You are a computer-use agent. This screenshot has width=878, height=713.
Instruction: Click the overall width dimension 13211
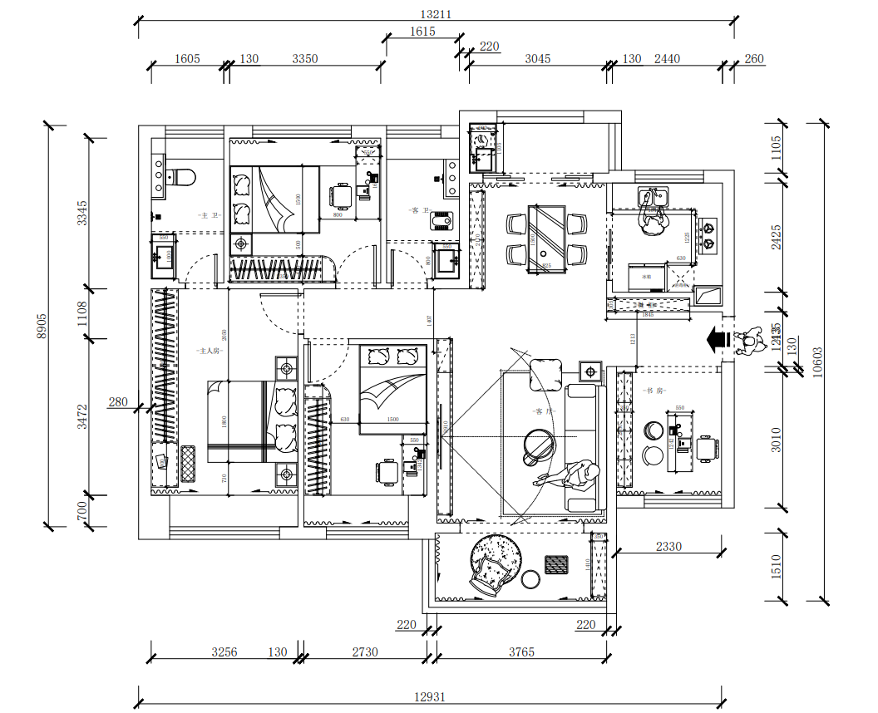[436, 14]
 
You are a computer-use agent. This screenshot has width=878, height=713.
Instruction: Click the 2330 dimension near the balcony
[668, 546]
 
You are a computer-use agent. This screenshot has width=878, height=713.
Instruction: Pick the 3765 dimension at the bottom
[521, 652]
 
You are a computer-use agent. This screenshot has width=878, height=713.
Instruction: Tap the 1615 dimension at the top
[422, 32]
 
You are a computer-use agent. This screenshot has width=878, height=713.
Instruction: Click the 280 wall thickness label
[118, 402]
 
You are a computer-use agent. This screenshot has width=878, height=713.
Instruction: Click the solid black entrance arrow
[714, 338]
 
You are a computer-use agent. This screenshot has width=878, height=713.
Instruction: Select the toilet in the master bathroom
[181, 177]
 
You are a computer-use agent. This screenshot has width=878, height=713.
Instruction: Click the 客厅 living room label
[544, 411]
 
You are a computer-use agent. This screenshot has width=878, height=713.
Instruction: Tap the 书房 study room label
[654, 390]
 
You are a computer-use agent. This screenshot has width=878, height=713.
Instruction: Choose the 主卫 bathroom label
[209, 215]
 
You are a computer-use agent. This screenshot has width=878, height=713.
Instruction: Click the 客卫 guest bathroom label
[420, 211]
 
